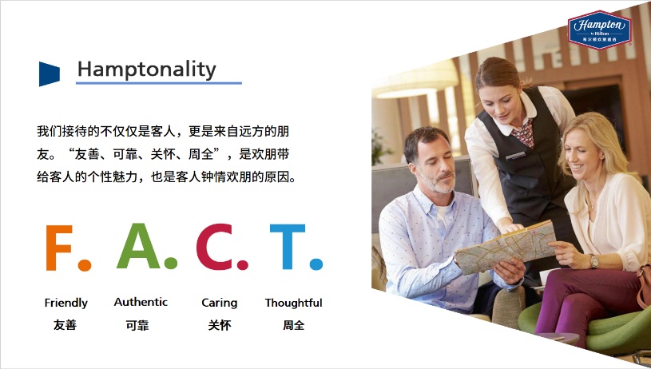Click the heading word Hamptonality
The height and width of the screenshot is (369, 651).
[x=146, y=69]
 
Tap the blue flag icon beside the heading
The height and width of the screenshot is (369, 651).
[x=49, y=73]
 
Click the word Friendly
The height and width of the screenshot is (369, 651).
[x=66, y=303]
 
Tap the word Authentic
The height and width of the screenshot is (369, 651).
[x=141, y=302]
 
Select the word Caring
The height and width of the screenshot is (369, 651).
[x=219, y=303]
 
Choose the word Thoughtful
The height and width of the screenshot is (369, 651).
[x=293, y=303]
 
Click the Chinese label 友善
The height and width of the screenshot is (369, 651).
[x=65, y=325]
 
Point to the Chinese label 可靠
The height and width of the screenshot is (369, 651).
[x=137, y=325]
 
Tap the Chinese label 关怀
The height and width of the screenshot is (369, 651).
[x=219, y=325]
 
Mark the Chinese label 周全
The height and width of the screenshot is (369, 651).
[x=293, y=325]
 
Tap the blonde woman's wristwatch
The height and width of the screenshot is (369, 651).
[x=594, y=261]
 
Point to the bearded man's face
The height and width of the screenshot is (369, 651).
[x=431, y=165]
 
